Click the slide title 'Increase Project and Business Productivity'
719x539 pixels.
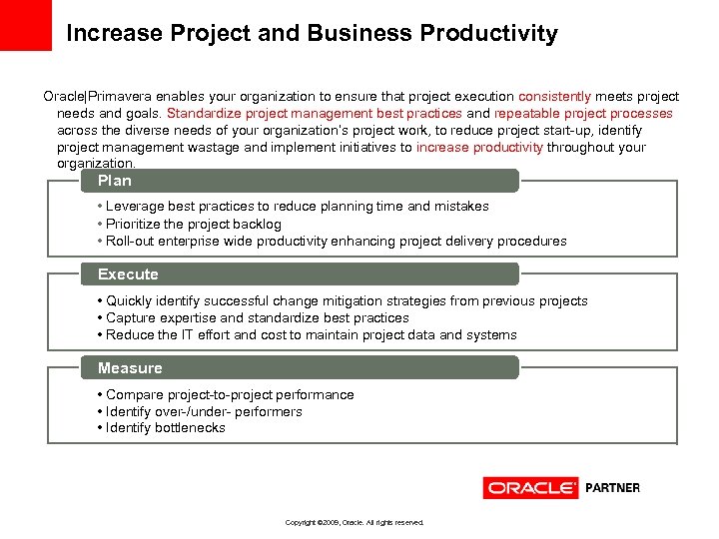tap(312, 34)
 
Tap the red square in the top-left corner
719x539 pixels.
tap(25, 25)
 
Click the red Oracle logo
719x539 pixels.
tap(530, 488)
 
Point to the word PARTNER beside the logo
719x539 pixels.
tap(612, 488)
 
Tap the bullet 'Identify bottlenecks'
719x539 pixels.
tap(166, 428)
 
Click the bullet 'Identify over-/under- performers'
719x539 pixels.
tap(204, 411)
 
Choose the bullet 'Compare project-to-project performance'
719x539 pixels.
tap(230, 394)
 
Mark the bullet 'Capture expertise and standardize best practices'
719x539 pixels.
tap(258, 317)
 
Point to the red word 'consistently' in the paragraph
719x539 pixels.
tap(555, 97)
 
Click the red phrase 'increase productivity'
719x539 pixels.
tap(479, 147)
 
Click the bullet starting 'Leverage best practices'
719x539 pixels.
tap(298, 207)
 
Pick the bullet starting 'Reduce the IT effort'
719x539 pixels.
tap(312, 334)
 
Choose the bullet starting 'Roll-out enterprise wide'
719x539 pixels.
tap(336, 241)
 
